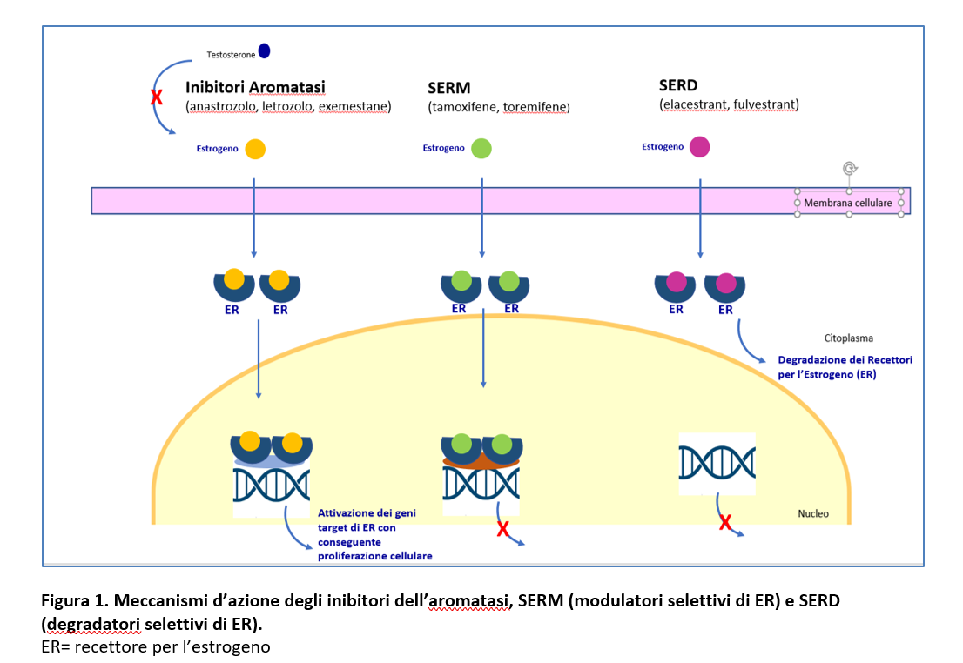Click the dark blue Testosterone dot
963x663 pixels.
tap(264, 51)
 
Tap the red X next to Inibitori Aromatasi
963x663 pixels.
tap(157, 97)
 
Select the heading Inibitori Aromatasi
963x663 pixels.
tap(255, 87)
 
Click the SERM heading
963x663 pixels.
tap(449, 88)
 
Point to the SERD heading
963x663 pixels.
tap(678, 85)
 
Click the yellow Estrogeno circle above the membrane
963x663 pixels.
tap(255, 149)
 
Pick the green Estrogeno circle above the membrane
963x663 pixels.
tap(481, 149)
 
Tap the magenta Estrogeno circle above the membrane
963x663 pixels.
tap(699, 147)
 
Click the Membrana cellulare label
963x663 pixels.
tap(847, 203)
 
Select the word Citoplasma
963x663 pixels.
tap(848, 338)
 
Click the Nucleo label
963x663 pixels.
tap(813, 514)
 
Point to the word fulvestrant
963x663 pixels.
tap(764, 104)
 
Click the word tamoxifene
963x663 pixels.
tap(464, 107)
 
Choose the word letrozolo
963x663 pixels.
tap(286, 106)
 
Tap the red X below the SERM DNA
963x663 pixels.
tap(503, 529)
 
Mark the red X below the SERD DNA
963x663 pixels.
tap(725, 523)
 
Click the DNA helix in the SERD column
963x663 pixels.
tap(717, 463)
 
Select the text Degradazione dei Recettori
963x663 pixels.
tap(845, 359)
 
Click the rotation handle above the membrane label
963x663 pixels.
tap(850, 168)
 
